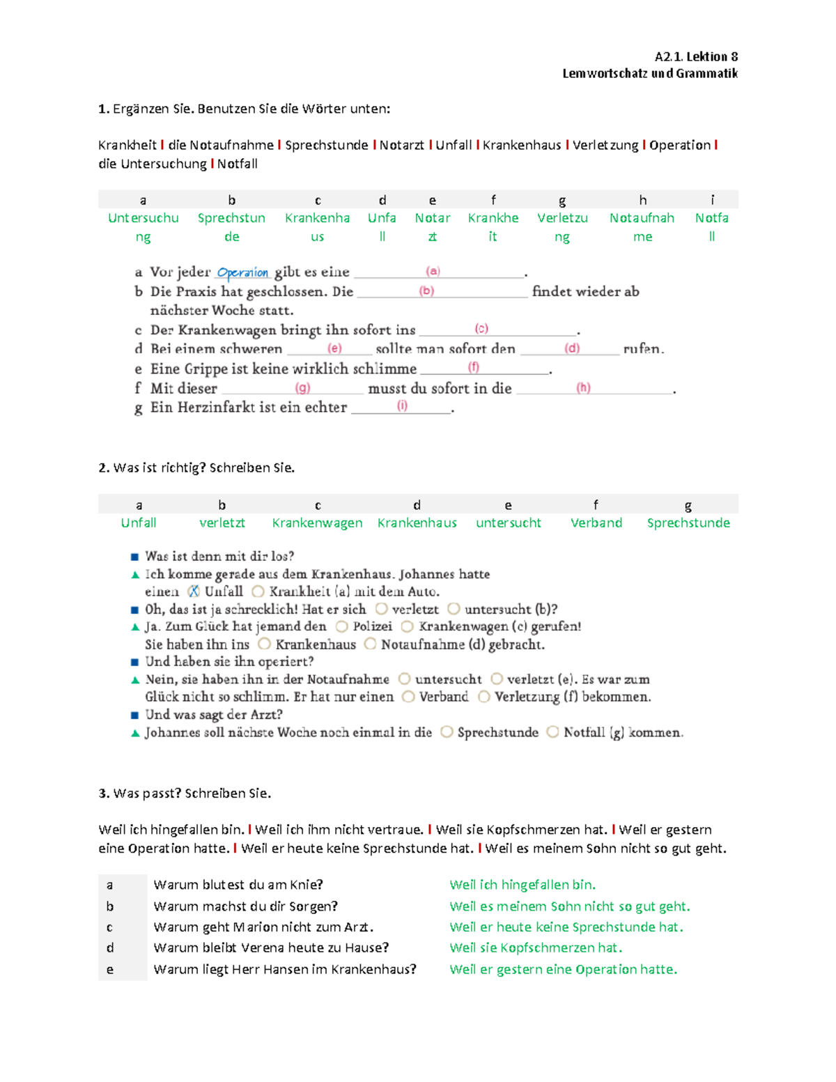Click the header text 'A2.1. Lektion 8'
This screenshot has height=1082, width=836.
pyautogui.click(x=695, y=56)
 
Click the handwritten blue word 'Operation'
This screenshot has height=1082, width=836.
pyautogui.click(x=242, y=272)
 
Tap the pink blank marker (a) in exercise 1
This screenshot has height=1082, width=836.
pyautogui.click(x=433, y=271)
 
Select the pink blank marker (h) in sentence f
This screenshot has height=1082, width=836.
pyautogui.click(x=583, y=387)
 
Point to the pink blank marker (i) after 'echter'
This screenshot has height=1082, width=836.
pyautogui.click(x=402, y=405)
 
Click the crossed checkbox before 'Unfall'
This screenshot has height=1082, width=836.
pyautogui.click(x=194, y=592)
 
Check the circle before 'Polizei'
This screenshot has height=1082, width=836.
pyautogui.click(x=341, y=626)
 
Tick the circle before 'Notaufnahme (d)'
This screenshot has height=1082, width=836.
pyautogui.click(x=370, y=644)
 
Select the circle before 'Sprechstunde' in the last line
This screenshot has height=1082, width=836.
pyautogui.click(x=447, y=732)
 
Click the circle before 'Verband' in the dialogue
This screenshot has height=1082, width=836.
pyautogui.click(x=408, y=697)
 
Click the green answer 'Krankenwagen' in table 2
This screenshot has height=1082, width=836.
pyautogui.click(x=317, y=523)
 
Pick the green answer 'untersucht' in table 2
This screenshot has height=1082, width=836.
pyautogui.click(x=508, y=523)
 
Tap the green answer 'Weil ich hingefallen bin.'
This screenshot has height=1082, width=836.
pyautogui.click(x=522, y=885)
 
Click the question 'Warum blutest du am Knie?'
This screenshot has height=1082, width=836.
pyautogui.click(x=238, y=885)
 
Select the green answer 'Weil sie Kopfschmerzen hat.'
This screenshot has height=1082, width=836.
pyautogui.click(x=536, y=948)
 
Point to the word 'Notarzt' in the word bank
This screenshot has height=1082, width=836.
pyautogui.click(x=401, y=145)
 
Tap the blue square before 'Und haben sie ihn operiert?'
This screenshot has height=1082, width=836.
pyautogui.click(x=135, y=662)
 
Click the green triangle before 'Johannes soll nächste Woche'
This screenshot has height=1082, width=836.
pyautogui.click(x=135, y=733)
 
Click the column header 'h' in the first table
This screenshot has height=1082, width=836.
pyautogui.click(x=642, y=200)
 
